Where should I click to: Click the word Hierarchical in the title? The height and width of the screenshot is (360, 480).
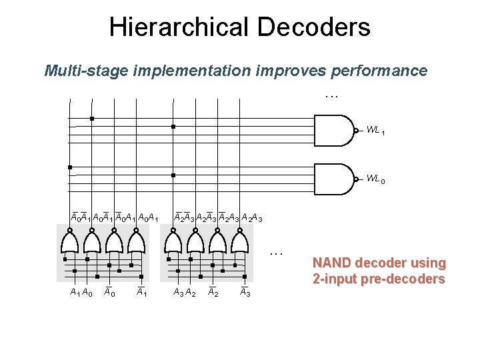click(x=175, y=27)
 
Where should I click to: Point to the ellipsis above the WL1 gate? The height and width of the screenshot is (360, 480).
click(x=331, y=97)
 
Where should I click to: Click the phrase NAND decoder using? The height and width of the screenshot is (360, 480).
click(x=379, y=263)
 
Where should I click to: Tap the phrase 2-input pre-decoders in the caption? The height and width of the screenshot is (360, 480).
click(x=379, y=279)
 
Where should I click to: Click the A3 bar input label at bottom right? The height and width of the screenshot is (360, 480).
click(x=245, y=291)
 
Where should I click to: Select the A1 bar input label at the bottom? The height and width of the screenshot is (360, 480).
click(x=141, y=291)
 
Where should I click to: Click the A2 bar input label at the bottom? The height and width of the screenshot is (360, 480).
click(x=212, y=291)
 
